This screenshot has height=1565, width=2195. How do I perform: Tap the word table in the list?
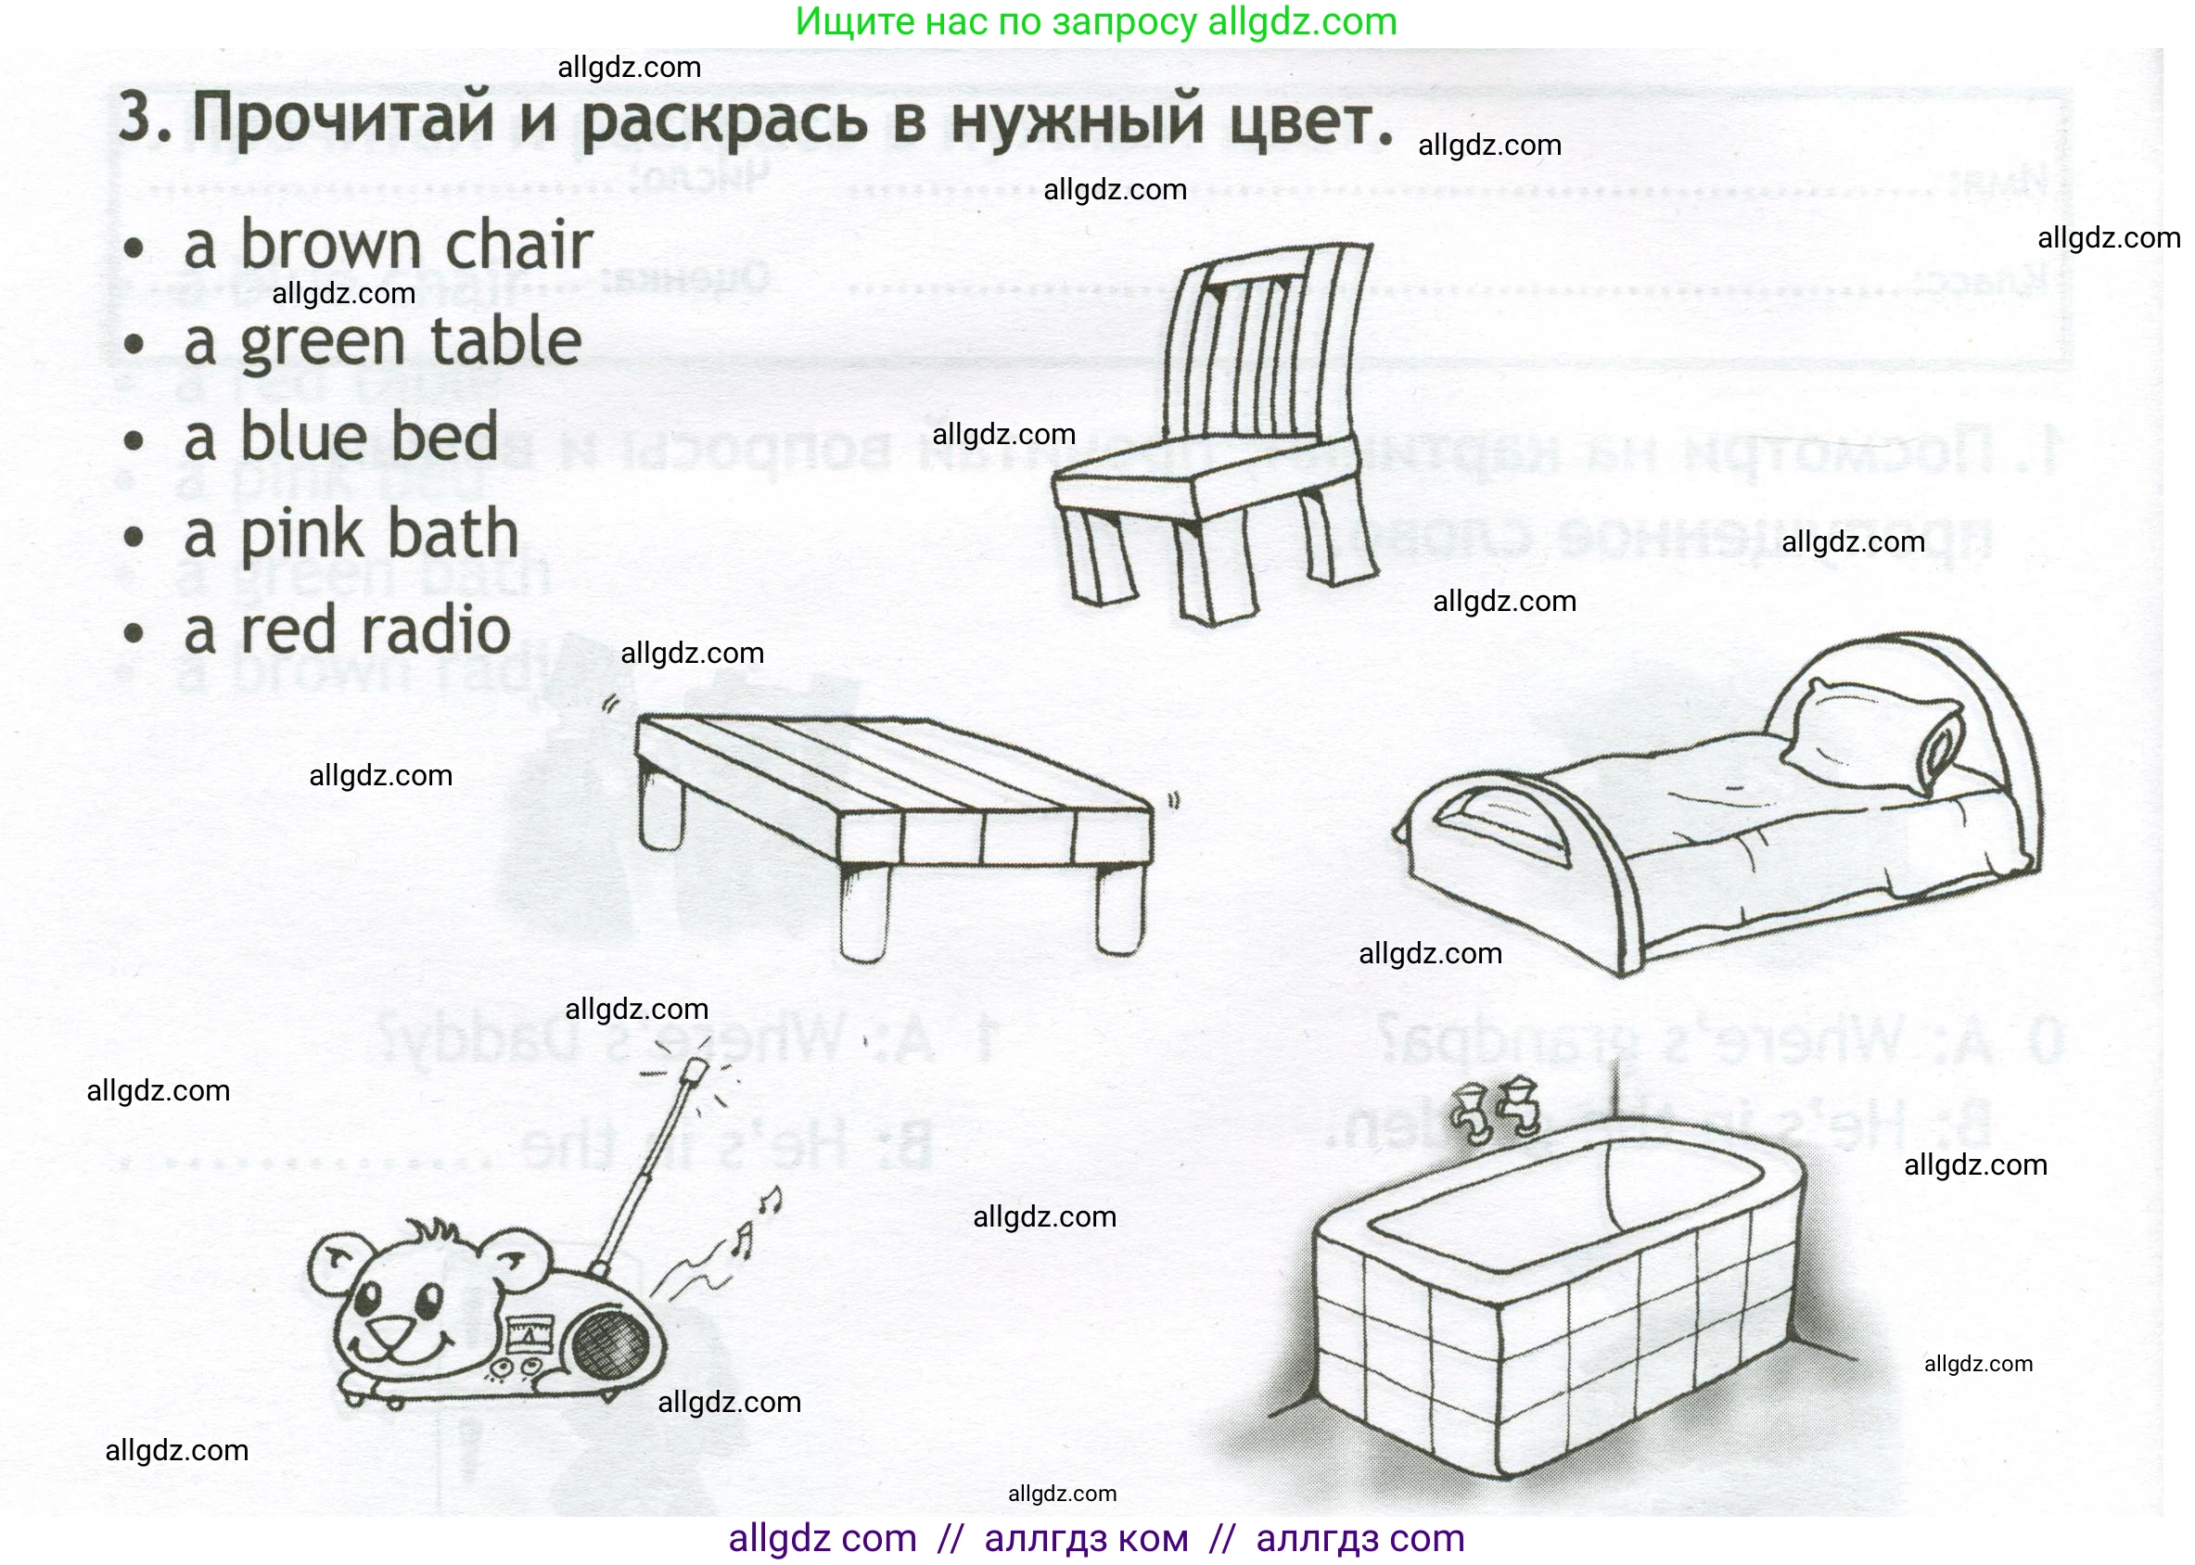point(505,342)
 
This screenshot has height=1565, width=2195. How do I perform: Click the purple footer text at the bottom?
point(1096,1539)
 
